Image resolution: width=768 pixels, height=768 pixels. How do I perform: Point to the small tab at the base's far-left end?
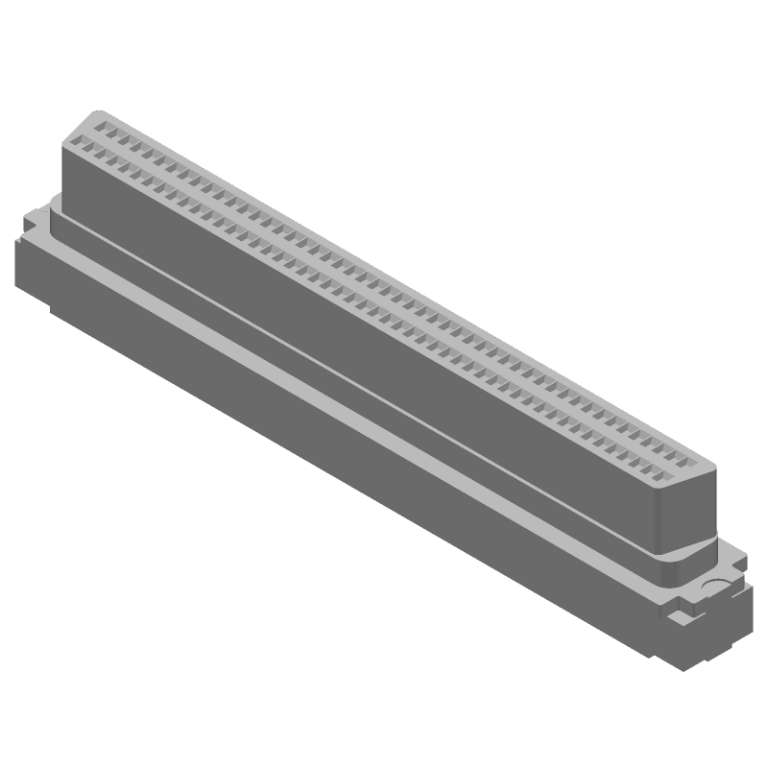click(28, 221)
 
